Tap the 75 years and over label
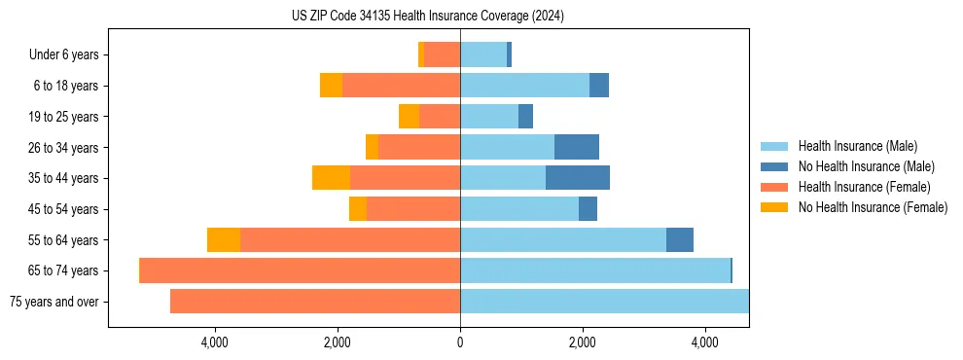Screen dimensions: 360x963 (x=54, y=302)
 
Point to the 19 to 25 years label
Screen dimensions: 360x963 (x=63, y=117)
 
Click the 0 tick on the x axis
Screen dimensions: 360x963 (x=460, y=342)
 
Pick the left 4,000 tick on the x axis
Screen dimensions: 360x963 (x=214, y=342)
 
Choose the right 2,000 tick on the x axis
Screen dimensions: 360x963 (x=583, y=342)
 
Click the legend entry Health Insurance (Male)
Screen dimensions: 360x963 (x=857, y=146)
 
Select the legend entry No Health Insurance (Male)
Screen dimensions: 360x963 (x=866, y=166)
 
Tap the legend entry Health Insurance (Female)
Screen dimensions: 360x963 (x=864, y=187)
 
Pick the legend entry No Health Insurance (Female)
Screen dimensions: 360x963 (x=873, y=207)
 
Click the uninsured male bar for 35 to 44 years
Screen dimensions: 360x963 (x=578, y=178)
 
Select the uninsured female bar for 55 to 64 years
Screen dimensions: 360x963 (x=224, y=239)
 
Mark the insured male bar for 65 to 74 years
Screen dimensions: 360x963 (x=594, y=270)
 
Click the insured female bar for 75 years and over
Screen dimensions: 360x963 (x=315, y=302)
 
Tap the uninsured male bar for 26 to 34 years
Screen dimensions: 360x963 (x=577, y=147)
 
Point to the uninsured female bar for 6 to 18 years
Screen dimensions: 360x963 (x=331, y=86)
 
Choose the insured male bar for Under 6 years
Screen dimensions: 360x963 (x=483, y=54)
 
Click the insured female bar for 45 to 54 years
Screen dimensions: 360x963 (x=413, y=209)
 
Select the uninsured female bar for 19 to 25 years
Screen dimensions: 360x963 (x=409, y=117)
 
